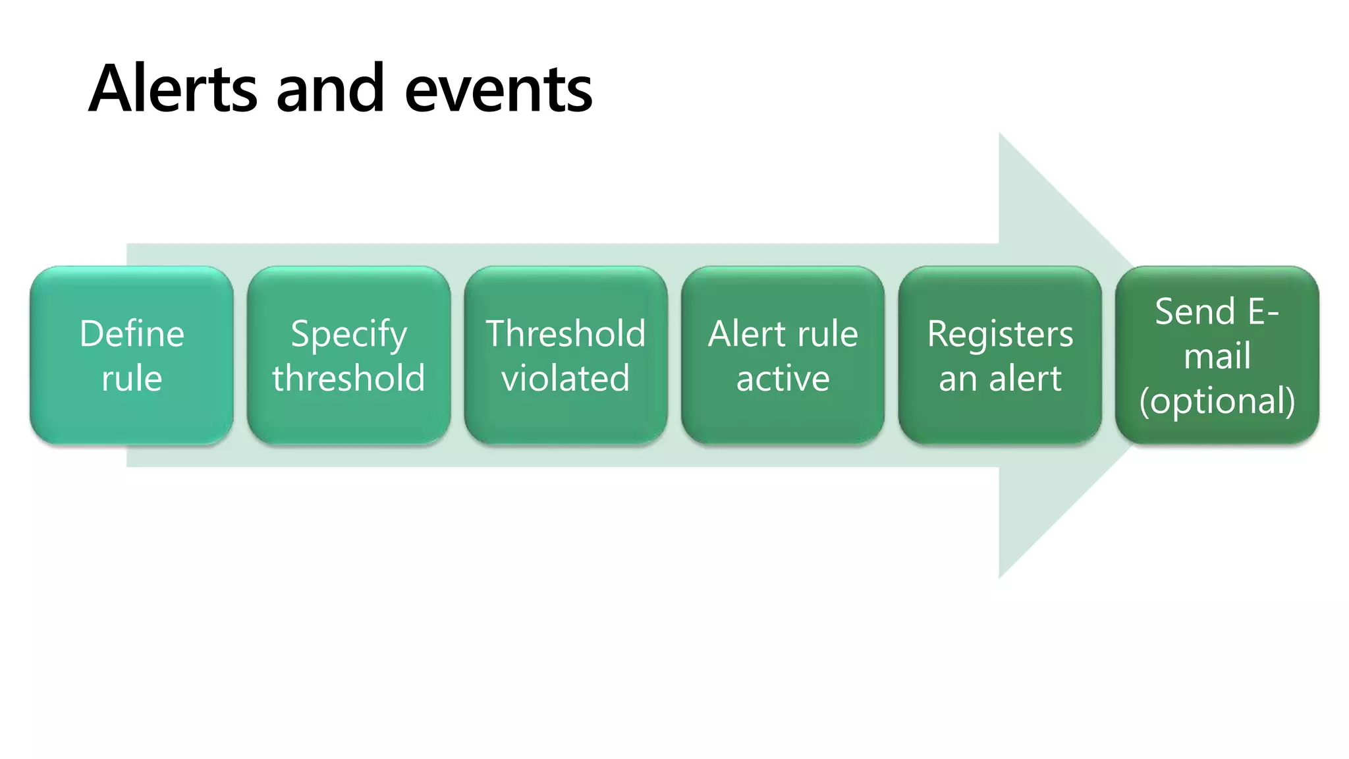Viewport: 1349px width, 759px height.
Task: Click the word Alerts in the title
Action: [173, 88]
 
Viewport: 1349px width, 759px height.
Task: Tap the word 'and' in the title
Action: [330, 88]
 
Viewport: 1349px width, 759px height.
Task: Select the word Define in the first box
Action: [132, 333]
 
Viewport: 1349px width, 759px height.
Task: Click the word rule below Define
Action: [132, 378]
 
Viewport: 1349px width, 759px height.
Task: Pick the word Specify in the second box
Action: [348, 335]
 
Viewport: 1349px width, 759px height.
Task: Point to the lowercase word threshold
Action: [348, 378]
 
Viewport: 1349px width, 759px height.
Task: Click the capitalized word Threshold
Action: [565, 333]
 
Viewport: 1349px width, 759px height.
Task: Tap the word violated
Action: [565, 378]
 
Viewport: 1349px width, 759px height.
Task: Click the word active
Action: [783, 378]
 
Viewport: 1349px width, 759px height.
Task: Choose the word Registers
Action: [1000, 335]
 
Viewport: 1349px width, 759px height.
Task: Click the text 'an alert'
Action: [1000, 378]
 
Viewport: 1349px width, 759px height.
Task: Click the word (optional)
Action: [1217, 401]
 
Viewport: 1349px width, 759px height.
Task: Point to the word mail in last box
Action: [1217, 356]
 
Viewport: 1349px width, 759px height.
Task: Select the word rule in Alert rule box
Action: [829, 333]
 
